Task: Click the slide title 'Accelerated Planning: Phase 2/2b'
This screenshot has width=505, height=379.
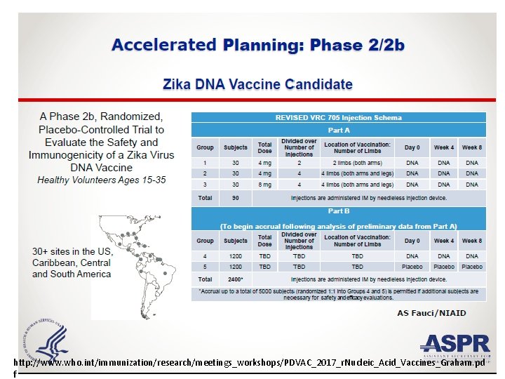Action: click(x=257, y=46)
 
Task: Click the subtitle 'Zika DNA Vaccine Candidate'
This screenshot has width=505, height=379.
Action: click(x=257, y=85)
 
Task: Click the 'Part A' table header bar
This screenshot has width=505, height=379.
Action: click(x=339, y=131)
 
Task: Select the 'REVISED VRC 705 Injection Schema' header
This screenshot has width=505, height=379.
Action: click(x=339, y=118)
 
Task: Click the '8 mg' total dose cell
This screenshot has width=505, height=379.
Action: click(x=264, y=185)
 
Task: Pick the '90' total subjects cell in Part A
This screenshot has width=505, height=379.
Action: click(x=235, y=198)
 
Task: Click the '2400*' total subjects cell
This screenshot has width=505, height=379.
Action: click(x=235, y=279)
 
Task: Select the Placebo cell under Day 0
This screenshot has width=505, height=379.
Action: click(x=412, y=267)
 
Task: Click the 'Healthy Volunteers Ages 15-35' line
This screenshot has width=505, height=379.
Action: click(x=101, y=180)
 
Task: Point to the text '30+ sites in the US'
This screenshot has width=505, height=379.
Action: click(x=72, y=251)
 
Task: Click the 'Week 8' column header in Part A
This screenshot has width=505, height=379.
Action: click(x=471, y=147)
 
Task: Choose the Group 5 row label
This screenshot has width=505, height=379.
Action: click(x=205, y=267)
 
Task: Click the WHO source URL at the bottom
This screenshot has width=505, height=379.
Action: click(x=249, y=364)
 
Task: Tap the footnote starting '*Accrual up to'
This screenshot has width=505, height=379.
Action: click(x=339, y=294)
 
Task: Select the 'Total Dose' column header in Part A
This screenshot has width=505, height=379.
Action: click(x=264, y=147)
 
